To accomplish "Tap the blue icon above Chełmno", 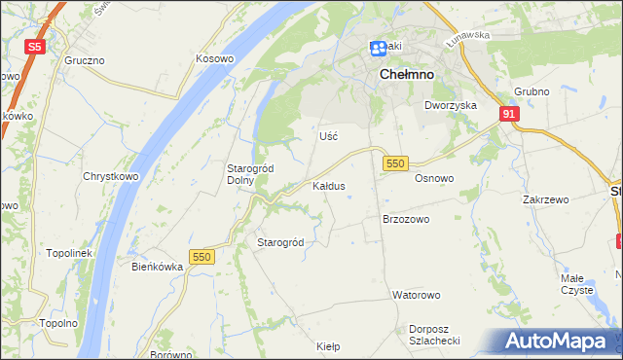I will coord(379,48).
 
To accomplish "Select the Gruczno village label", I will coord(85,60).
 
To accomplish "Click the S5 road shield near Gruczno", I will coord(35,46).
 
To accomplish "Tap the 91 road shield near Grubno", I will coord(509,114).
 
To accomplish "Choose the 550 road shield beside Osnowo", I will coord(394,163).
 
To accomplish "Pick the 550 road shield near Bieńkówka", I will coord(202,256).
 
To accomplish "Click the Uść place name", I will coord(328,136).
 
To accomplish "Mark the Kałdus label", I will coord(328,185).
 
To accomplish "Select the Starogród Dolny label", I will coord(250,174).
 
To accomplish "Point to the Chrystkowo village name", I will coord(107,177).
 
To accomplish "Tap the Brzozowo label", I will coord(406,220).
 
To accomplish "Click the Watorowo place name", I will coord(417,294).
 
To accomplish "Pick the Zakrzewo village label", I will coord(545,199).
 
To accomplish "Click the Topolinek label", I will coord(68,253).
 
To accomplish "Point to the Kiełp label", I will coord(328,345).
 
